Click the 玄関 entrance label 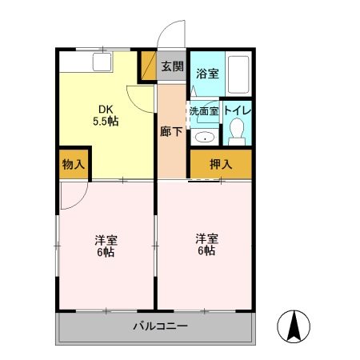coord(173,66)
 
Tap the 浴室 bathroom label coord(207,74)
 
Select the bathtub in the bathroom coord(238,74)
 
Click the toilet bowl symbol coord(237,131)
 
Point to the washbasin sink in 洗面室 coord(205,138)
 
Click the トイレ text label coord(238,110)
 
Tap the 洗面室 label coord(204,111)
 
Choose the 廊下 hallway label coord(171,131)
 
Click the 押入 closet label coord(221,164)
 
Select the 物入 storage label coord(74,164)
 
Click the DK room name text coord(106,109)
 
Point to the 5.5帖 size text coord(106,122)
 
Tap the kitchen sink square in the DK coord(102,62)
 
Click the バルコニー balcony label coord(161,326)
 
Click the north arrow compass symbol coord(294,326)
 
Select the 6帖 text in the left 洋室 coord(106,252)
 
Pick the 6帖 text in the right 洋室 coord(206,250)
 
